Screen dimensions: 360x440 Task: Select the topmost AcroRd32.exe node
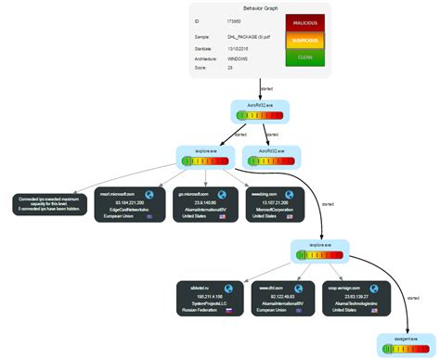[x=262, y=112]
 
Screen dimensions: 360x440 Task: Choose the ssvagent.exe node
[x=407, y=344]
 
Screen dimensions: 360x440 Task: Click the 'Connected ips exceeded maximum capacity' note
[x=46, y=204]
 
